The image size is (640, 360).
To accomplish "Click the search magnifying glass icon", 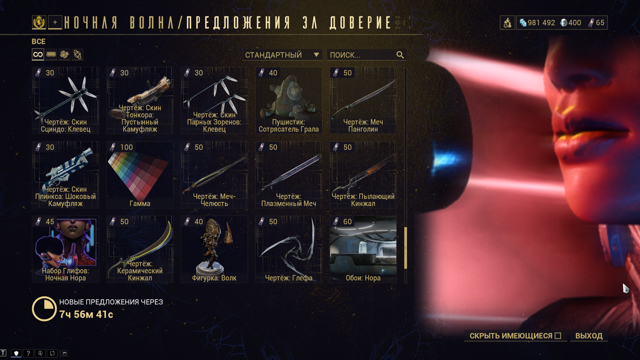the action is click(x=400, y=55).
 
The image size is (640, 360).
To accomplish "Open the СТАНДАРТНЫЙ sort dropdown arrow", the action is click(x=316, y=55).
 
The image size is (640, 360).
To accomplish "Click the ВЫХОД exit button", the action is click(x=589, y=336).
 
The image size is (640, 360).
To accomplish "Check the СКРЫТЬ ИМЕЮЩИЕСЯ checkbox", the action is click(x=558, y=336).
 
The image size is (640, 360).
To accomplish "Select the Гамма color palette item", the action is click(x=140, y=175).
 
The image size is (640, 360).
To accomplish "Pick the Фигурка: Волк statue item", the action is click(x=214, y=249).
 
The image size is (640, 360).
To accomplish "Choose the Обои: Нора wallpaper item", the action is click(x=363, y=249).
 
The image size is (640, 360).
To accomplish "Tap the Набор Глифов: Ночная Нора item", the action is click(x=66, y=249).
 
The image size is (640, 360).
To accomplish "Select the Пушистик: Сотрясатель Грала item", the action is click(x=289, y=101).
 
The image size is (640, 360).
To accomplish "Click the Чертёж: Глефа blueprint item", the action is click(x=289, y=249).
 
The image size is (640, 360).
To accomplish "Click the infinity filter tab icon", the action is click(x=38, y=54).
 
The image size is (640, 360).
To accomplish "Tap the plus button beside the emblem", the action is click(x=55, y=22).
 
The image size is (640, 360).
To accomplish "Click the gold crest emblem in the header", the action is click(x=39, y=22).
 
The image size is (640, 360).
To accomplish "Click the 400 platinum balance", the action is click(x=571, y=23).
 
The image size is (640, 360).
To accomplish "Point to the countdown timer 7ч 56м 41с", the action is click(x=86, y=314).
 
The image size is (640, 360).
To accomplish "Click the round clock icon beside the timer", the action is click(x=44, y=309).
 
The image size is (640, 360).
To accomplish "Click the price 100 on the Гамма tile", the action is click(x=126, y=147).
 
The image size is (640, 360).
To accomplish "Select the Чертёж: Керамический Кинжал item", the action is click(x=140, y=249).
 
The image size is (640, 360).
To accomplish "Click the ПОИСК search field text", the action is click(x=345, y=55).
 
